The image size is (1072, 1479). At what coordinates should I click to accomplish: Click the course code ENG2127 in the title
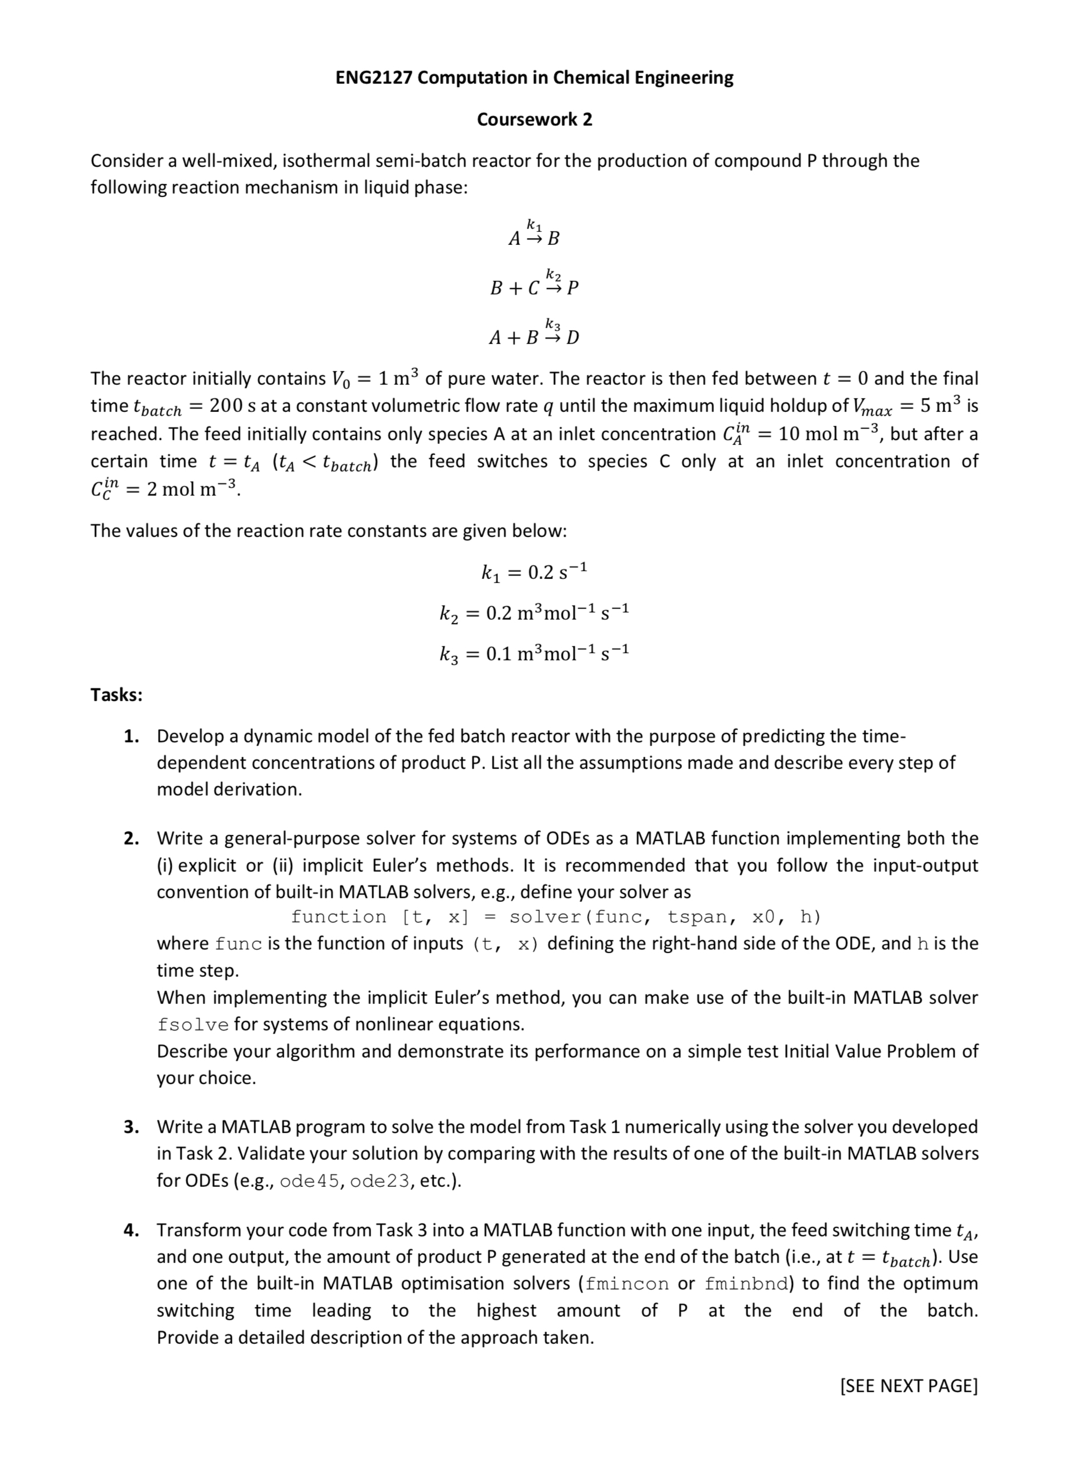[373, 77]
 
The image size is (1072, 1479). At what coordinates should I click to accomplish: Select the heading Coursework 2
[534, 119]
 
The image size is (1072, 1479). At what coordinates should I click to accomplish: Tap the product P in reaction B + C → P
[572, 287]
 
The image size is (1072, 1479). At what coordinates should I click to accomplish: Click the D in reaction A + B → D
[572, 338]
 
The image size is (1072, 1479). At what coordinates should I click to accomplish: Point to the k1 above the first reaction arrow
[534, 225]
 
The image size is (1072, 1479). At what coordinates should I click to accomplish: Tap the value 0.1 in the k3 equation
[499, 653]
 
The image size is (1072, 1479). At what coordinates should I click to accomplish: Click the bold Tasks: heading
[117, 695]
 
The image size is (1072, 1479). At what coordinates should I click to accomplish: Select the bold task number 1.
[131, 736]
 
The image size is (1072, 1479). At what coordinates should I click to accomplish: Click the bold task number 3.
[131, 1127]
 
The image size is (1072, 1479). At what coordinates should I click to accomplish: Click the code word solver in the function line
[545, 917]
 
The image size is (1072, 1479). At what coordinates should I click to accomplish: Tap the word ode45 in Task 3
[309, 1182]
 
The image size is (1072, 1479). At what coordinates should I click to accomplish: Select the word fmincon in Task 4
[626, 1284]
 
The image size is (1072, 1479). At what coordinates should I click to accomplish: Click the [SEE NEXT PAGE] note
[909, 1386]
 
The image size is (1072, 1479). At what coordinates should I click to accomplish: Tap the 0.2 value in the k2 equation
[499, 613]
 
